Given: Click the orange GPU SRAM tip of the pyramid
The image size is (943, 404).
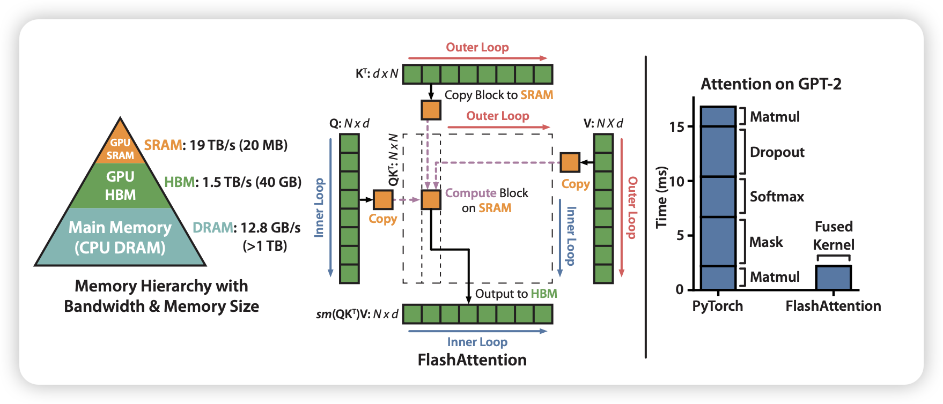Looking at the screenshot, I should tap(120, 147).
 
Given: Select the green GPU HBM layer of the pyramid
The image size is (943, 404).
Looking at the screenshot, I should tap(120, 185).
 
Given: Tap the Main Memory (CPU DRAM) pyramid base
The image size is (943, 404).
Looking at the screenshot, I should tap(120, 237).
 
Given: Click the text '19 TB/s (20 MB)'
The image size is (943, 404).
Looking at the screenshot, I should tap(239, 145).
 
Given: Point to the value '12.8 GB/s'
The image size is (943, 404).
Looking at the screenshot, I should tap(270, 228).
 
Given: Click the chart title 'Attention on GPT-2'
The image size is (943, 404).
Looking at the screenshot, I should tap(771, 84).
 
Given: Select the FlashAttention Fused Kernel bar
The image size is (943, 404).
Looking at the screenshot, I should tap(833, 278).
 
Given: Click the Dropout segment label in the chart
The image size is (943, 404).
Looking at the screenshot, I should tap(777, 152).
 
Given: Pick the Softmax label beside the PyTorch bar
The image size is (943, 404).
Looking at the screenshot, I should tap(777, 197).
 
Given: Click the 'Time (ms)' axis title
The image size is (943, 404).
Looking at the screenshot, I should tap(662, 197).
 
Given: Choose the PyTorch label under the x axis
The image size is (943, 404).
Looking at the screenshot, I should tap(718, 306).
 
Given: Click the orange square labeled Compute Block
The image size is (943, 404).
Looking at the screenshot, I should tap(431, 199).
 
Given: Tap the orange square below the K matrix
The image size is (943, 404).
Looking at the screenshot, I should tap(431, 110).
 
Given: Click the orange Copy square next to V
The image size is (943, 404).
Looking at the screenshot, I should tap(570, 162).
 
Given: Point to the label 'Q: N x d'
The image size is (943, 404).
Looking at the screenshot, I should tap(349, 123).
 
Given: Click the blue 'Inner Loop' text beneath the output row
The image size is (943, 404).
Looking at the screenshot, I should tap(477, 342).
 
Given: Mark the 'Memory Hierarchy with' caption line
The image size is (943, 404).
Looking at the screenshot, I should tap(161, 286).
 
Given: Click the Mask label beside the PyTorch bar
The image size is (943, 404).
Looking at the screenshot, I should tap(766, 242).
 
